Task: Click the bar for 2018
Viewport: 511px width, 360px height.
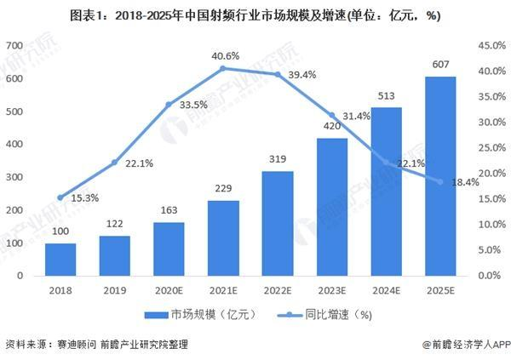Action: pyautogui.click(x=60, y=260)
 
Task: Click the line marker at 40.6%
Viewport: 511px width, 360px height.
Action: pyautogui.click(x=223, y=68)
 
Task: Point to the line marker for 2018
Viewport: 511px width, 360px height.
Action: pyautogui.click(x=60, y=197)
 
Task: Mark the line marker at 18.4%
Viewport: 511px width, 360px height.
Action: pyautogui.click(x=441, y=181)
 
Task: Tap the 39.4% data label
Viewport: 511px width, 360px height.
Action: pyautogui.click(x=302, y=75)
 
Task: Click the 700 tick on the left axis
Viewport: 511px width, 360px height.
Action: pyautogui.click(x=14, y=45)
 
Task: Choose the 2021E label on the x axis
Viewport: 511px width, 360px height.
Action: pyautogui.click(x=223, y=290)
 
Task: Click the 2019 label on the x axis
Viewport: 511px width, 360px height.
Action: pyautogui.click(x=115, y=290)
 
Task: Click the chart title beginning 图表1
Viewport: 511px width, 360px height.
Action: pyautogui.click(x=255, y=15)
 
